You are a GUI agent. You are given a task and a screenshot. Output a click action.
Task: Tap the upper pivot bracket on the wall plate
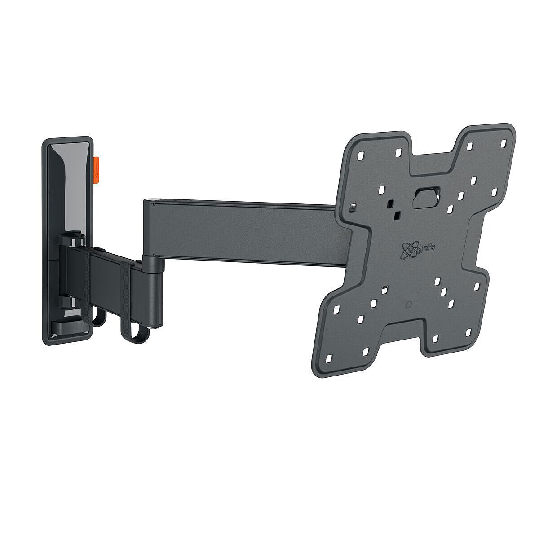click(70, 239)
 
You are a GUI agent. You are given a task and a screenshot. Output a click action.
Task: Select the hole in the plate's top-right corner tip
click(503, 143)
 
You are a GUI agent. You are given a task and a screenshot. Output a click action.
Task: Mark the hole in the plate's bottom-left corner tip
click(328, 358)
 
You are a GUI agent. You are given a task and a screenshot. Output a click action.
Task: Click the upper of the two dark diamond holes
click(390, 203)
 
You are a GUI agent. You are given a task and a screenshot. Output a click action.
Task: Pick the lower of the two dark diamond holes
click(396, 216)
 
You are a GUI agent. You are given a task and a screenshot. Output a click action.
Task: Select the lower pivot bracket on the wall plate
click(67, 299)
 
